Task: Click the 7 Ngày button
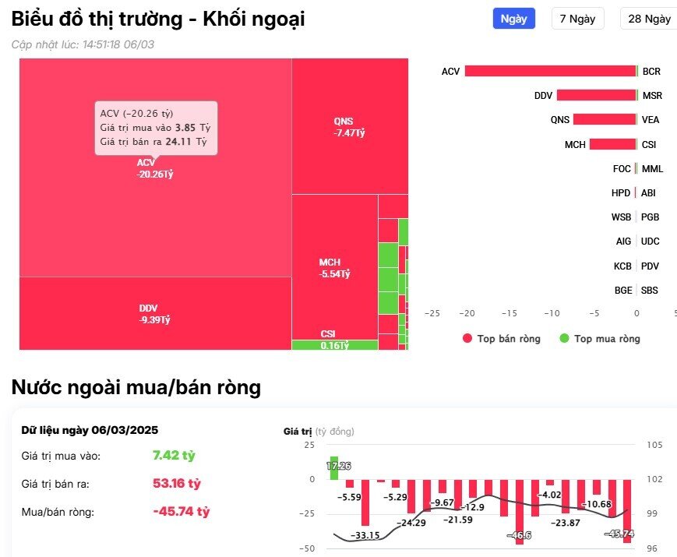[x=577, y=19]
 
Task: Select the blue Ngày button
[x=513, y=19]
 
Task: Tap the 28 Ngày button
[x=648, y=19]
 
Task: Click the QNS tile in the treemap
[x=349, y=126]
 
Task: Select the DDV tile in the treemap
[x=154, y=313]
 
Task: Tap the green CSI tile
[x=334, y=345]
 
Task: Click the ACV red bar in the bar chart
[x=551, y=71]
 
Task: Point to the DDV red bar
[x=596, y=95]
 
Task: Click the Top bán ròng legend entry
[x=502, y=338]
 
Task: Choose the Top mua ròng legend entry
[x=600, y=338]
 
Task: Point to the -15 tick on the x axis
[x=509, y=312]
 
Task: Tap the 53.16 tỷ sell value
[x=177, y=484]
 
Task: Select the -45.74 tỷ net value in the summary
[x=182, y=512]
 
